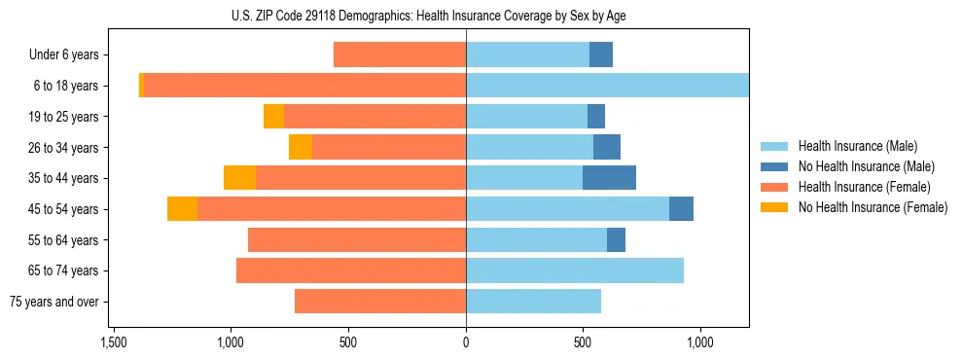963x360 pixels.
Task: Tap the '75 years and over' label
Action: tap(54, 302)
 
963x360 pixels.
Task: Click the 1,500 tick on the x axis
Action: tap(113, 342)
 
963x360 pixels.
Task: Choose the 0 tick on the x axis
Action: tap(466, 342)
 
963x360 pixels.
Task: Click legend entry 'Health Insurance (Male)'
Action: tap(857, 146)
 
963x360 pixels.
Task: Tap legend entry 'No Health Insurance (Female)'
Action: tap(873, 207)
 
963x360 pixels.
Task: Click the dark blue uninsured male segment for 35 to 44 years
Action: tap(609, 178)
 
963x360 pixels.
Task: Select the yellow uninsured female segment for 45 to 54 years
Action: tap(182, 209)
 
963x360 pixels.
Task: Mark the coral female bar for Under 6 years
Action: tap(400, 55)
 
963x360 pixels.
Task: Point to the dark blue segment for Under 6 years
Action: tap(601, 55)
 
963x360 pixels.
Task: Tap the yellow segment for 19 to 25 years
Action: tap(273, 117)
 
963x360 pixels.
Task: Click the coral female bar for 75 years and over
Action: tap(380, 302)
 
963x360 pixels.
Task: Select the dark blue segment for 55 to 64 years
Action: tap(616, 239)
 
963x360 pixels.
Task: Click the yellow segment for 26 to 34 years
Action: tap(301, 148)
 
